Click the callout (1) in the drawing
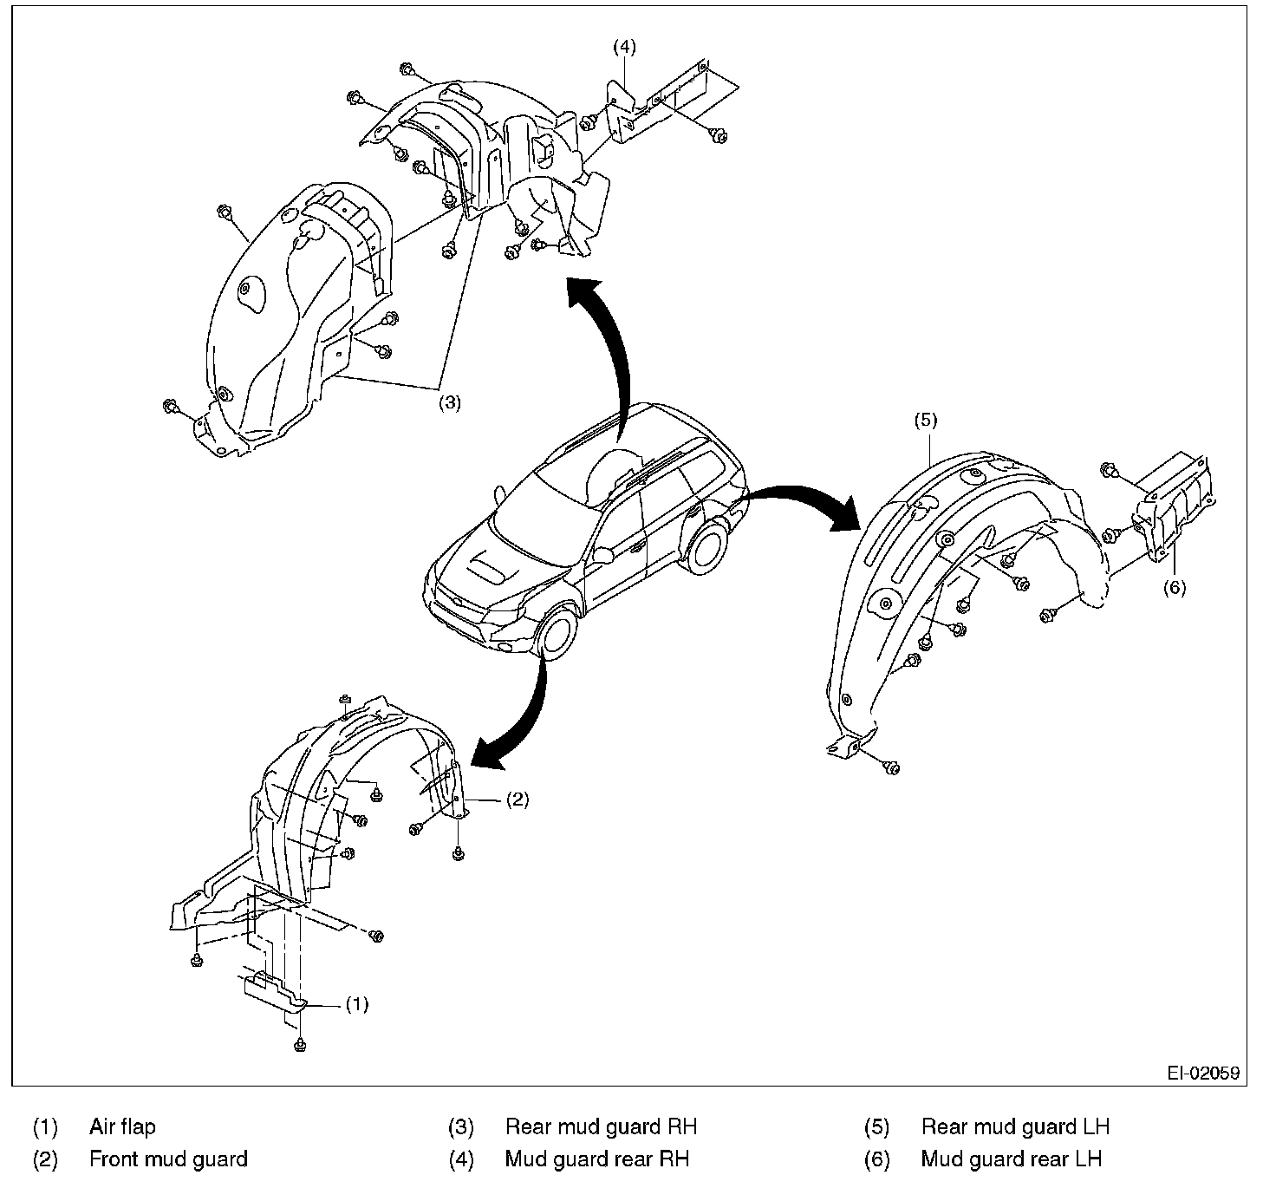tap(357, 1004)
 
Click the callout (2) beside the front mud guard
tap(517, 800)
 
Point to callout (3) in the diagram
tap(449, 402)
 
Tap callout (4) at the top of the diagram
tap(624, 47)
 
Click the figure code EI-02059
tap(1202, 1073)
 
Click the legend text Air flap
tap(122, 1126)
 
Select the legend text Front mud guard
tap(168, 1159)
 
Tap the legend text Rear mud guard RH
tap(601, 1126)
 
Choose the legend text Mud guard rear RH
tap(596, 1159)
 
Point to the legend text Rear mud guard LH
tap(1015, 1126)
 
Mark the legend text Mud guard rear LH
tap(1011, 1159)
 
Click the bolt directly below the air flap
tap(299, 1044)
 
